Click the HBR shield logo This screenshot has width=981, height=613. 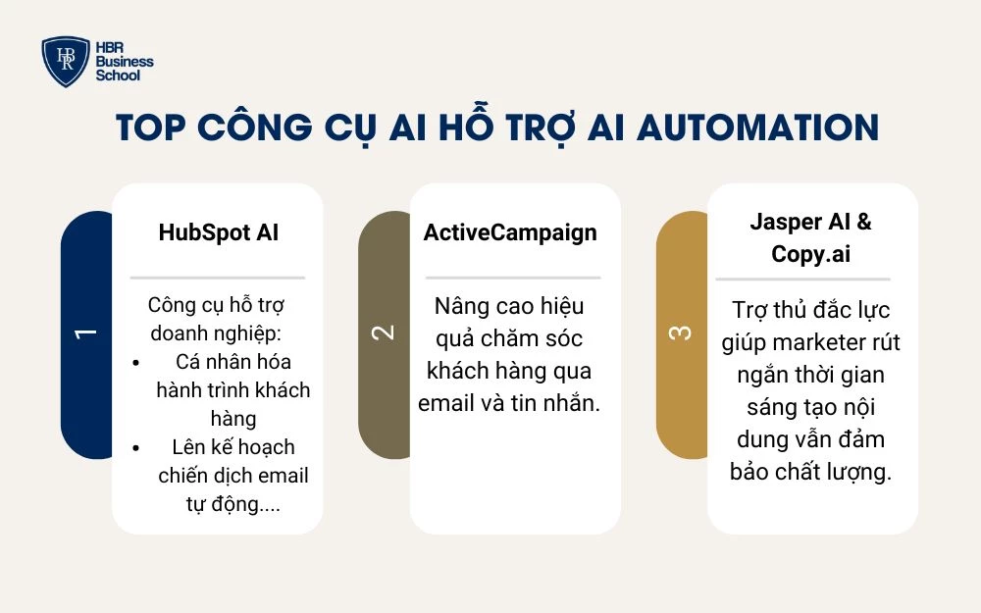click(x=66, y=61)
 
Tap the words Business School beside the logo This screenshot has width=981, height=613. click(x=125, y=69)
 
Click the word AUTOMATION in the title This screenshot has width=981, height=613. click(x=757, y=128)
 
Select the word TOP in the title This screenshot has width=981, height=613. click(x=151, y=128)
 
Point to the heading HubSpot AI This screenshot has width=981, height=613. click(x=219, y=232)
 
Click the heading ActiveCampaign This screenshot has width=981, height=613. click(x=510, y=232)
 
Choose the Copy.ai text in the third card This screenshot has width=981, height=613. click(x=811, y=254)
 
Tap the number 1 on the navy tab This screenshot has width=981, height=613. click(x=85, y=333)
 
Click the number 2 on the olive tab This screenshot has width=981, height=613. click(x=383, y=332)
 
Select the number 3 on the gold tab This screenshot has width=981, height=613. click(x=681, y=332)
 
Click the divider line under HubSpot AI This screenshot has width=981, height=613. click(x=218, y=278)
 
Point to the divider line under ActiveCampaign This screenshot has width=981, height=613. click(x=513, y=278)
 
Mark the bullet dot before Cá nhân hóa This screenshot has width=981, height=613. click(x=136, y=362)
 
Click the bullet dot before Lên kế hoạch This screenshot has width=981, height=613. click(x=136, y=448)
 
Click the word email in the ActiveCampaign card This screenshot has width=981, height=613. click(x=445, y=403)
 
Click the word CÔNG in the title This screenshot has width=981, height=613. click(x=255, y=127)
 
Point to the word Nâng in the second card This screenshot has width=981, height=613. click(x=458, y=307)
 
